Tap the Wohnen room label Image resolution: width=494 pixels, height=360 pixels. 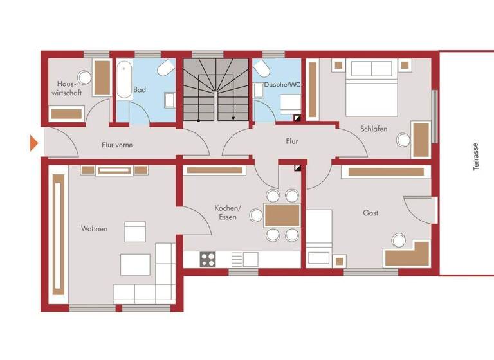coord(94,229)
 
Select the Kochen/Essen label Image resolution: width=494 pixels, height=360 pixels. coord(228,213)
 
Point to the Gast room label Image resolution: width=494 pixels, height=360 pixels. coord(370,213)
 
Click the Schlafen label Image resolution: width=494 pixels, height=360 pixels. coord(374,129)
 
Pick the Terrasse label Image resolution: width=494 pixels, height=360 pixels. coord(476,156)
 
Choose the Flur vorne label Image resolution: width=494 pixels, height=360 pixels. coord(117,145)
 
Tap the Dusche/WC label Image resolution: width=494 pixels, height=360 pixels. coord(277,84)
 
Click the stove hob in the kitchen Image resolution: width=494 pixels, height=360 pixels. coord(208,259)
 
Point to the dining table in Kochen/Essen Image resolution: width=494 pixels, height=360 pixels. coord(282,215)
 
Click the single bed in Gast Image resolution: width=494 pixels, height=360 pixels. coord(319,238)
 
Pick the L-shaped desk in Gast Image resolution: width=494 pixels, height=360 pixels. coord(407,254)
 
